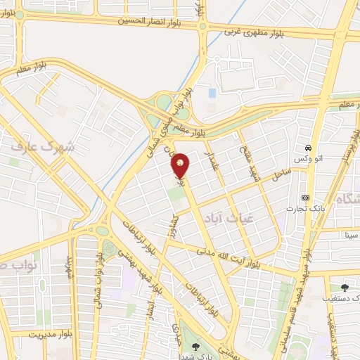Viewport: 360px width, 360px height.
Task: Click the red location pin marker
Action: [181, 165]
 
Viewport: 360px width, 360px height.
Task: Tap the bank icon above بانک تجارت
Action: [304, 198]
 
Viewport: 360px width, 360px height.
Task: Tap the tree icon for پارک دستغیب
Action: [345, 287]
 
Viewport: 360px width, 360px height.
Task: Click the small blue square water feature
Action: [212, 93]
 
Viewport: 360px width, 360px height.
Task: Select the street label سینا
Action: [349, 234]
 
